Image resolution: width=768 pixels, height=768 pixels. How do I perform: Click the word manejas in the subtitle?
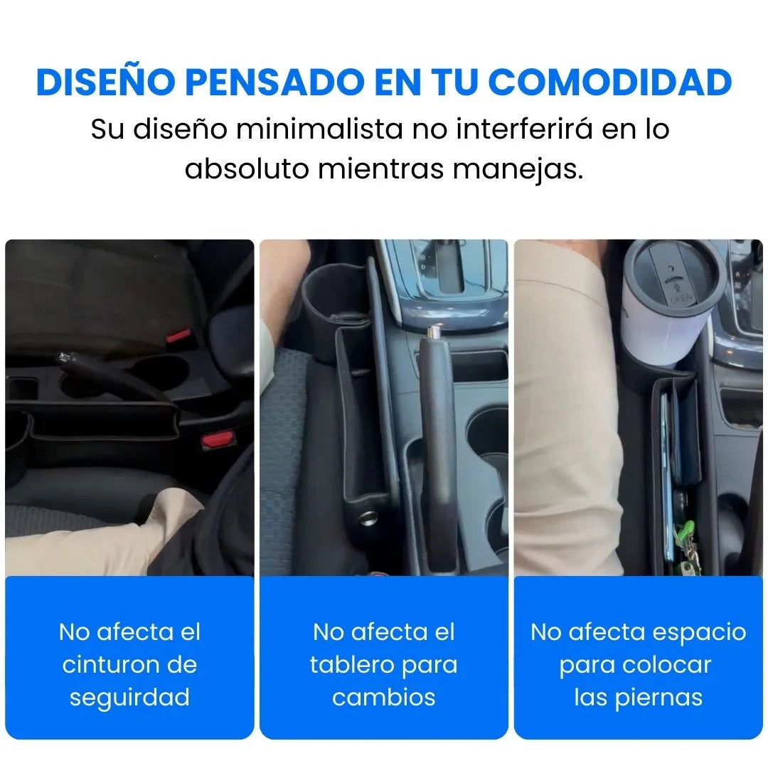[518, 170]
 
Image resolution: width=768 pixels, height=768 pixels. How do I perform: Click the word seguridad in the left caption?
[129, 698]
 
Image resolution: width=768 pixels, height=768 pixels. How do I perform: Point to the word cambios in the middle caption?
[383, 698]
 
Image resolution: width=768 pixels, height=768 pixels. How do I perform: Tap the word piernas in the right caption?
[658, 698]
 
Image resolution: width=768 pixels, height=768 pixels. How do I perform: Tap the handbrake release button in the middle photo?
[434, 331]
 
